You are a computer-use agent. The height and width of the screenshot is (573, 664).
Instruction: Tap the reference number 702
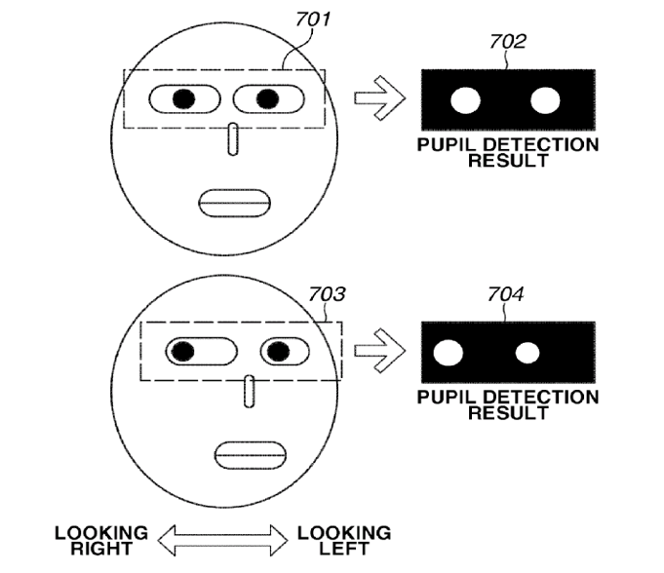[508, 42]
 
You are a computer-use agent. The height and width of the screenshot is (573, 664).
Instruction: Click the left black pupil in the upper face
[182, 98]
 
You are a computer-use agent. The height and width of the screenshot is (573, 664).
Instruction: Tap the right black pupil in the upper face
[266, 97]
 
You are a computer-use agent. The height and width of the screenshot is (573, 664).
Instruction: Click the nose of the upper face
[232, 139]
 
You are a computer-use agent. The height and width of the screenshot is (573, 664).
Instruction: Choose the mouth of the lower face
[251, 454]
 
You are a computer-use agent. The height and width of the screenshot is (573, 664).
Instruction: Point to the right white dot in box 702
[545, 99]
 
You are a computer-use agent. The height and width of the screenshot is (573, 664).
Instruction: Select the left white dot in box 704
[449, 353]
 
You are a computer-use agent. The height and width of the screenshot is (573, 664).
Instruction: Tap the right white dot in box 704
[527, 353]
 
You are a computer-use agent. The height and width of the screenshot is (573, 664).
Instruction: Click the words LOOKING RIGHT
[101, 540]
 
